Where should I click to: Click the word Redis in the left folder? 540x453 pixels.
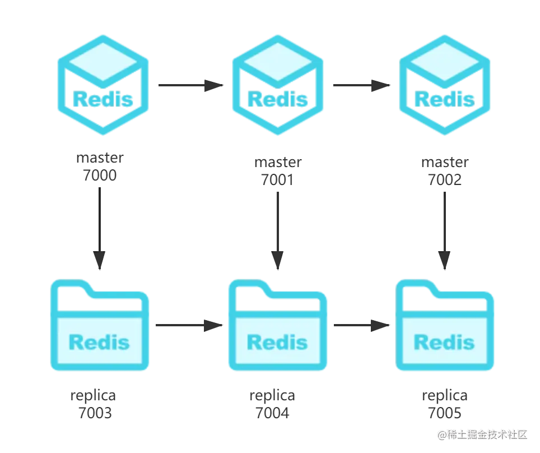pos(99,341)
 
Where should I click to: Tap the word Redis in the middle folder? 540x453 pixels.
pos(277,341)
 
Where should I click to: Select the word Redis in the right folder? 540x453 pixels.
pos(444,341)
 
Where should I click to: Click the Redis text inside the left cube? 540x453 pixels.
pos(103,98)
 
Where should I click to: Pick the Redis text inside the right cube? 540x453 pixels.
pos(445,98)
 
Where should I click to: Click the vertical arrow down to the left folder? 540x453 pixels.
pos(100,227)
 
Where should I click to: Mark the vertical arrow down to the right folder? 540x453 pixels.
pos(445,227)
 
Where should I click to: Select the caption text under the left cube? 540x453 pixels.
pos(101,167)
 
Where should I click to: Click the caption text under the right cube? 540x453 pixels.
pos(445,170)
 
